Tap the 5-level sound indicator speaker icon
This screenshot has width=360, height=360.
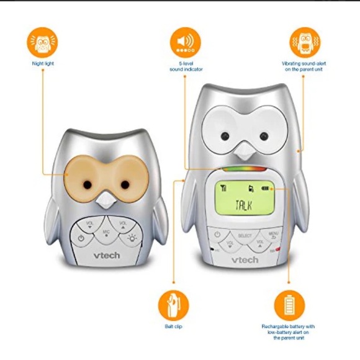(x=185, y=42)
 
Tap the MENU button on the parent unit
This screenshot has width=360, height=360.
(x=273, y=236)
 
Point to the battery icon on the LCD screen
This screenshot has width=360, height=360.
(x=266, y=189)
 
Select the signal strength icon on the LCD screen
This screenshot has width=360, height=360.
(x=223, y=189)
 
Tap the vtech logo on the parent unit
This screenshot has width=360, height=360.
(x=246, y=259)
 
